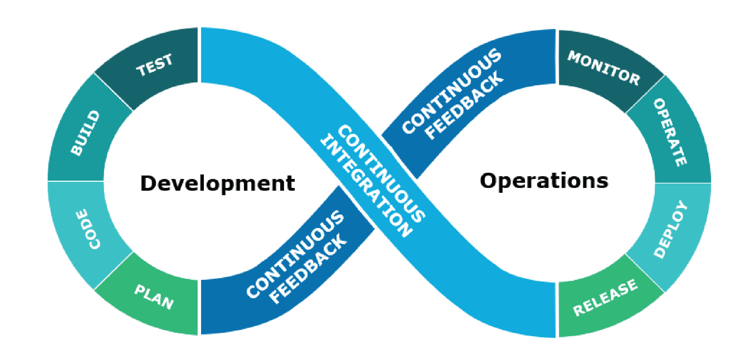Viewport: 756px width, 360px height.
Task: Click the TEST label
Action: coord(154,65)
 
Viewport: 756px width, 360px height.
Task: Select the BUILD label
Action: coord(85,133)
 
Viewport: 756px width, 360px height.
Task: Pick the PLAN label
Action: coord(154,297)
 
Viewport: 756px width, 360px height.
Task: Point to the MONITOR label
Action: coord(604,68)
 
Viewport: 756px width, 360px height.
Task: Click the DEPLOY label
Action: coord(671,229)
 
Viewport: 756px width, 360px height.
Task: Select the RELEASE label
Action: coord(605,297)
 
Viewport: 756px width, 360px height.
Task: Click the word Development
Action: coord(217,183)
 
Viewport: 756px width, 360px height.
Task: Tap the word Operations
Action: coord(544,181)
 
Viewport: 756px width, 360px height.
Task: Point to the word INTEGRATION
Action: coord(367,187)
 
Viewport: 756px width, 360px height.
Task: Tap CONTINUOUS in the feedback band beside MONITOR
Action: coord(451,91)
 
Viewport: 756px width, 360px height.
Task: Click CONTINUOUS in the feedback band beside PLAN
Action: coord(295,254)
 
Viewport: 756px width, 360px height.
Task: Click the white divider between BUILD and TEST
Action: coord(113,92)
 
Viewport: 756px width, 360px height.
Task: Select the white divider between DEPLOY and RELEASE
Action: coord(645,273)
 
